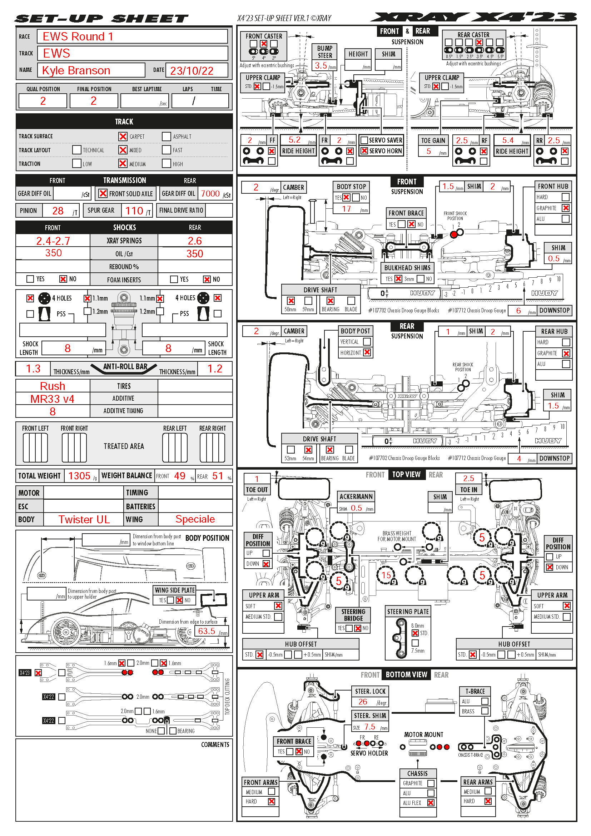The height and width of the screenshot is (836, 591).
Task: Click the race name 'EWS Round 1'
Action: pyautogui.click(x=78, y=37)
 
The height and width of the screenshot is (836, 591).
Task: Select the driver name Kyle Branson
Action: pyautogui.click(x=76, y=70)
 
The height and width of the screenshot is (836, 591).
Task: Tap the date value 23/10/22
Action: pyautogui.click(x=192, y=71)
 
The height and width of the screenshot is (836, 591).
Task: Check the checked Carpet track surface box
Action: pyautogui.click(x=123, y=137)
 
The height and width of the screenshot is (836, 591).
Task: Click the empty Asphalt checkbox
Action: pyautogui.click(x=166, y=137)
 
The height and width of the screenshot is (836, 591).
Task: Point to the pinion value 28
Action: pyautogui.click(x=58, y=211)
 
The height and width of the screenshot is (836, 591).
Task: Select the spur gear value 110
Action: pyautogui.click(x=134, y=211)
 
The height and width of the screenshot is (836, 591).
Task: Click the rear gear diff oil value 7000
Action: pyautogui.click(x=210, y=194)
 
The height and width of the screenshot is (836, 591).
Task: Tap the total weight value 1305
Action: pyautogui.click(x=79, y=476)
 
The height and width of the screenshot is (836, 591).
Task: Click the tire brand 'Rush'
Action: pyautogui.click(x=53, y=386)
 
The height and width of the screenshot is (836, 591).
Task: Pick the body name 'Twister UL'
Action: pyautogui.click(x=84, y=519)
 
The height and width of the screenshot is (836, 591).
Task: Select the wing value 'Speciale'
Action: pyautogui.click(x=195, y=519)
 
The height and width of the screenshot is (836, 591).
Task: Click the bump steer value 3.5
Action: pyautogui.click(x=321, y=65)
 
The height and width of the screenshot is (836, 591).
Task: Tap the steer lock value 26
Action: pyautogui.click(x=363, y=702)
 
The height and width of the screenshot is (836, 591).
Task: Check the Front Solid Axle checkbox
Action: pyautogui.click(x=103, y=193)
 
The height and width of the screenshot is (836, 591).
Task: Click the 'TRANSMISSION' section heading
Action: pyautogui.click(x=124, y=180)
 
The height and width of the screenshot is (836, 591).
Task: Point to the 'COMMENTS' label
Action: pyautogui.click(x=215, y=745)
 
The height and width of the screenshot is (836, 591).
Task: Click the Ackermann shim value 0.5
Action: pyautogui.click(x=356, y=508)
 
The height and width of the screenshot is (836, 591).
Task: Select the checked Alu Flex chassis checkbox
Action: pyautogui.click(x=431, y=803)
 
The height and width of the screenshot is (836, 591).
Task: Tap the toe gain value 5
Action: pyautogui.click(x=429, y=151)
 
